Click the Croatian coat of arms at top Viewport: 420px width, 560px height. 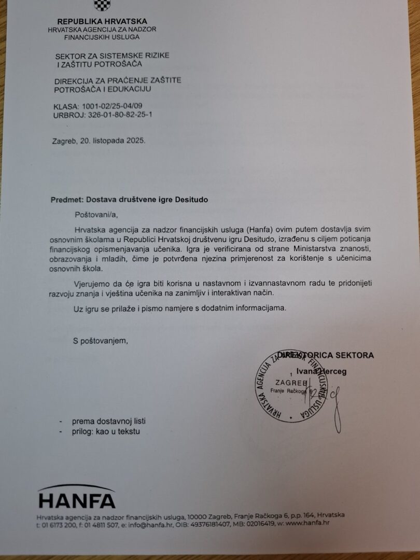102,5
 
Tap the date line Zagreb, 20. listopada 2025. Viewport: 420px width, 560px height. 99,141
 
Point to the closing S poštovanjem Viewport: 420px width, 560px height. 100,341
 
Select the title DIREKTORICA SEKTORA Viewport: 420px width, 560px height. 326,355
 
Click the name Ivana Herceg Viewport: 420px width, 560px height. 321,371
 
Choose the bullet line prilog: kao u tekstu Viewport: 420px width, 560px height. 106,431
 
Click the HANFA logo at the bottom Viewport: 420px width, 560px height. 77,497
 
